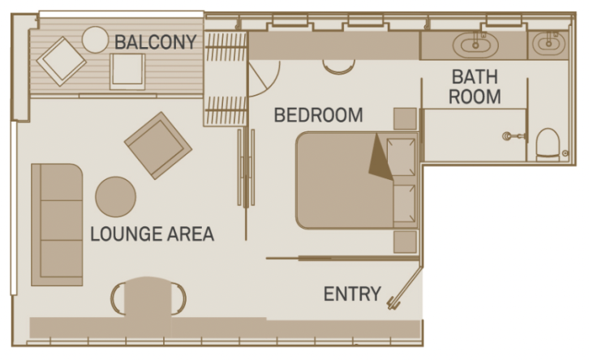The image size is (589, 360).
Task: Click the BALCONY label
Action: tap(156, 41)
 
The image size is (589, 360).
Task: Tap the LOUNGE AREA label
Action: tap(152, 234)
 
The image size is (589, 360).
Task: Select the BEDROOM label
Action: tap(318, 115)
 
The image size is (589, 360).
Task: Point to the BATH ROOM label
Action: tap(475, 87)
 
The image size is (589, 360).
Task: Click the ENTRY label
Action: tap(352, 294)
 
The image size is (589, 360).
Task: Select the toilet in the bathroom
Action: tap(548, 144)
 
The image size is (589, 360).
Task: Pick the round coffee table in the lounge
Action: tap(116, 196)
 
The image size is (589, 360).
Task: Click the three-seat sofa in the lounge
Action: tap(57, 224)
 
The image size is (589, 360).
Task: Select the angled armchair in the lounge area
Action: tap(158, 145)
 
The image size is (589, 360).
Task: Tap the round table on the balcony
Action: tap(96, 39)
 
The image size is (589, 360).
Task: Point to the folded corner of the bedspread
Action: tap(379, 157)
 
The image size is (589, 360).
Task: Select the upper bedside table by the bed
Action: tap(405, 118)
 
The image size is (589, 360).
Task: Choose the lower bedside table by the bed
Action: tap(405, 242)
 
